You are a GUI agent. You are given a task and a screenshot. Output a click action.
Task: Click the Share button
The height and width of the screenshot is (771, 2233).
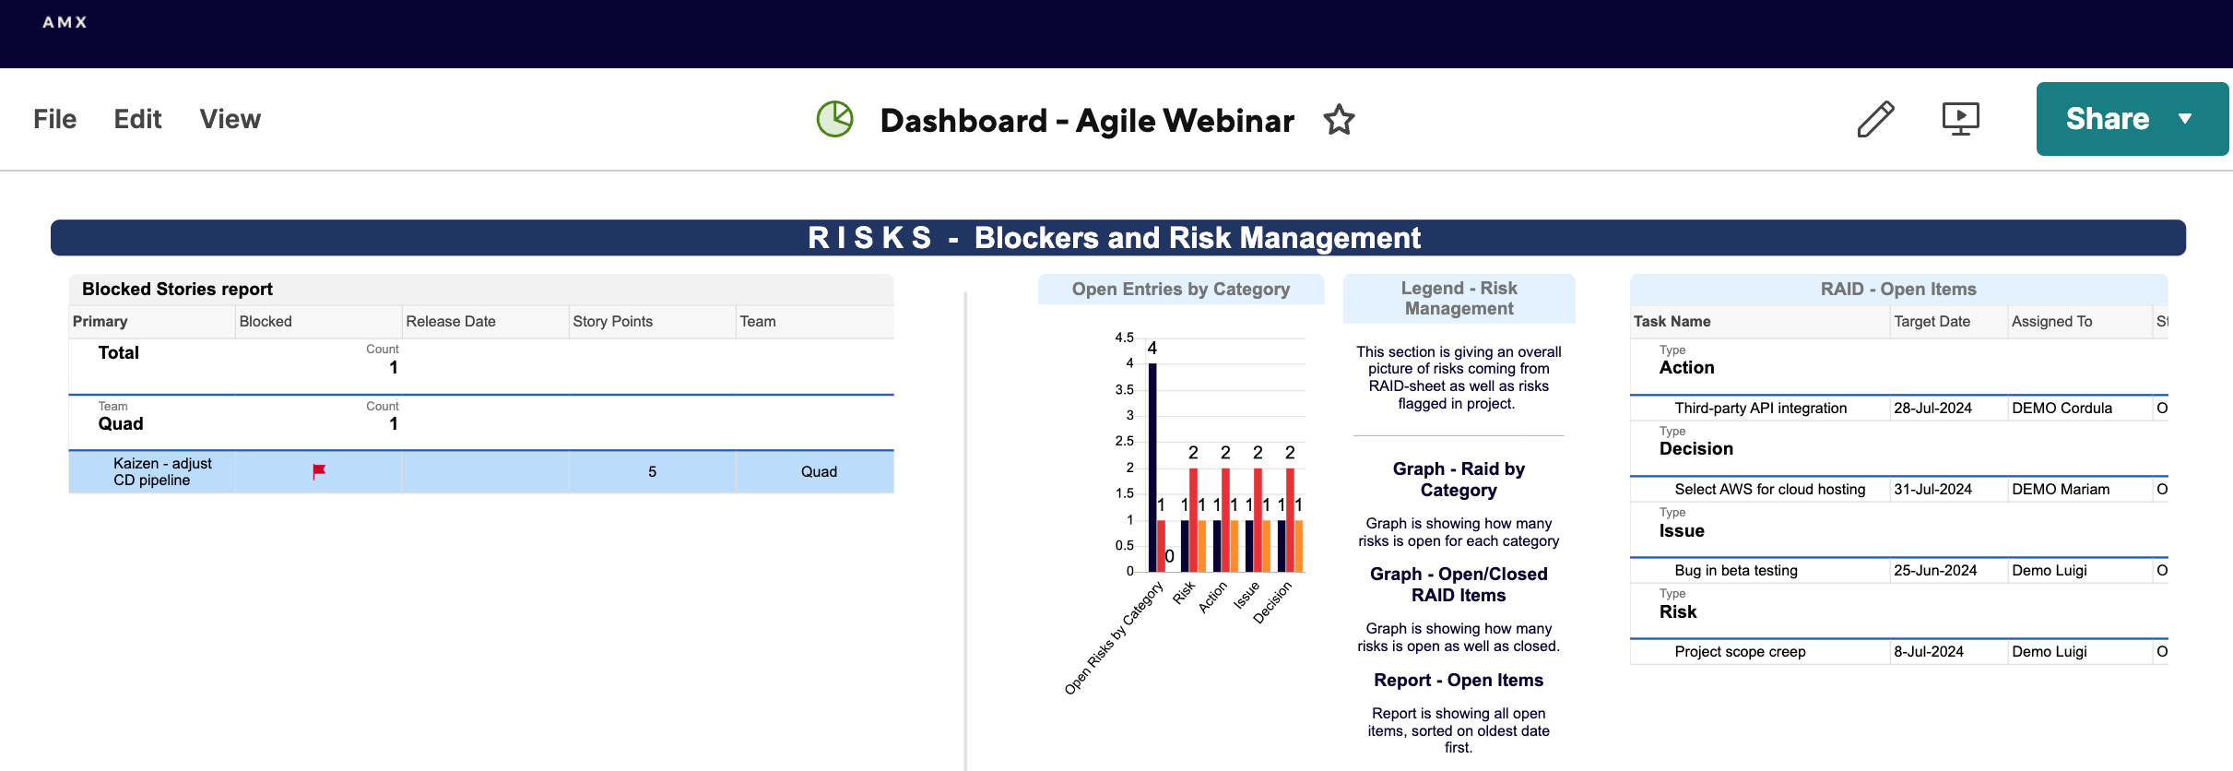2132,119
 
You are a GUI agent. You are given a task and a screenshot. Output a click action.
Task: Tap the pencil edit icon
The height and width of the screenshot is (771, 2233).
1875,119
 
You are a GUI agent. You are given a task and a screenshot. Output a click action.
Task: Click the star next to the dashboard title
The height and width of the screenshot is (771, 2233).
1339,120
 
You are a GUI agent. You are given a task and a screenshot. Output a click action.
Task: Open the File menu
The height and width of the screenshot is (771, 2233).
54,119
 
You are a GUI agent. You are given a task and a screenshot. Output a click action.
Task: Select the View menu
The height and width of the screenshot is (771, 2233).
230,119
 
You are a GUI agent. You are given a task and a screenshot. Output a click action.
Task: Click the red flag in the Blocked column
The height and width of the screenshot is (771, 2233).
319,471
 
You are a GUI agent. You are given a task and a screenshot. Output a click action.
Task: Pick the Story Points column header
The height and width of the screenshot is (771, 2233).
612,321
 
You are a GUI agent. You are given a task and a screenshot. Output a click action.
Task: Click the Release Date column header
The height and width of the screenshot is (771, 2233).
451,321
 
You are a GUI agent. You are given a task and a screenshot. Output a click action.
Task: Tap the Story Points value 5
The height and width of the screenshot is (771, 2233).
652,471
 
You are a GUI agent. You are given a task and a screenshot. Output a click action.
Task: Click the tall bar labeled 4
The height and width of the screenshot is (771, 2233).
1152,468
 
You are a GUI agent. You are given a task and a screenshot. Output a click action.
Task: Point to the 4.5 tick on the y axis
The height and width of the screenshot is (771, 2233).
1124,338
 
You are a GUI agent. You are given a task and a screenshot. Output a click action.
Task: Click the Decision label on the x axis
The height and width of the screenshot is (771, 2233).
1272,602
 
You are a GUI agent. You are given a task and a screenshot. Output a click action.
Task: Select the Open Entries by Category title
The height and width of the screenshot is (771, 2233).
1181,289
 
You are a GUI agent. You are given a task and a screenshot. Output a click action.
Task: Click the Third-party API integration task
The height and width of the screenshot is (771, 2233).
1760,408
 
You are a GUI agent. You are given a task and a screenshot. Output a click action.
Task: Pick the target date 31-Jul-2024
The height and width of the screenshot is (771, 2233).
1932,489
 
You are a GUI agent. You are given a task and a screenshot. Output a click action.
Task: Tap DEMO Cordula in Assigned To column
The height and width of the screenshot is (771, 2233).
2062,408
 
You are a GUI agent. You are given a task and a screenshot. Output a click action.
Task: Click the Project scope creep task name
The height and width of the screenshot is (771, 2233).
1740,651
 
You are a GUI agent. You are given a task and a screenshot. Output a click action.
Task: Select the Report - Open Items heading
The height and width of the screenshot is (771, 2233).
1459,680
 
